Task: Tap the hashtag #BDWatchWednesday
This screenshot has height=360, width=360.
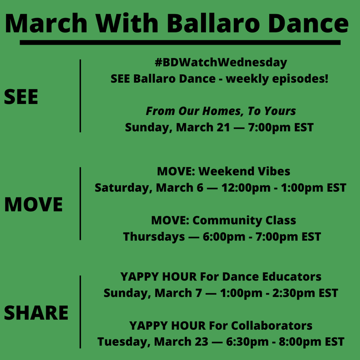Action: [x=221, y=63]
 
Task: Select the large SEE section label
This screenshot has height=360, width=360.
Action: [x=21, y=97]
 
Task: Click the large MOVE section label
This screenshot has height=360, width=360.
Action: [x=33, y=204]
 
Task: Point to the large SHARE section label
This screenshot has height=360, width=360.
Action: [x=36, y=313]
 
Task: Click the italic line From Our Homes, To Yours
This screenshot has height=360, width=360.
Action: [x=221, y=111]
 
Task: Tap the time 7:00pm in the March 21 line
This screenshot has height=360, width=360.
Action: [x=269, y=128]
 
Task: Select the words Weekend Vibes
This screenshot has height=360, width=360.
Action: [x=244, y=171]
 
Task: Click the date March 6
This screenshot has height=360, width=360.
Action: [x=179, y=188]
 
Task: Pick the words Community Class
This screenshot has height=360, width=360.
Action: [x=244, y=221]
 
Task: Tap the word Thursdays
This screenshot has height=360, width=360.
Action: [x=154, y=237]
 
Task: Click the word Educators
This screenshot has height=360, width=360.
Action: [x=292, y=276]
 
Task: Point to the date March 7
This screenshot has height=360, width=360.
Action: [x=178, y=293]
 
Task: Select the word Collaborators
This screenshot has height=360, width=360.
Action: [x=272, y=326]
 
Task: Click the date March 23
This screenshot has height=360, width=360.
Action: [x=181, y=342]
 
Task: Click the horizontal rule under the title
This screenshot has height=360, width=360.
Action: [x=180, y=43]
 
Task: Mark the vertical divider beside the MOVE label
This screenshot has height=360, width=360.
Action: [x=80, y=204]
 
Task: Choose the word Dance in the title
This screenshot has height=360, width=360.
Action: [x=308, y=24]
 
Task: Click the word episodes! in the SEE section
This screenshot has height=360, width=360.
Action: [x=301, y=79]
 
